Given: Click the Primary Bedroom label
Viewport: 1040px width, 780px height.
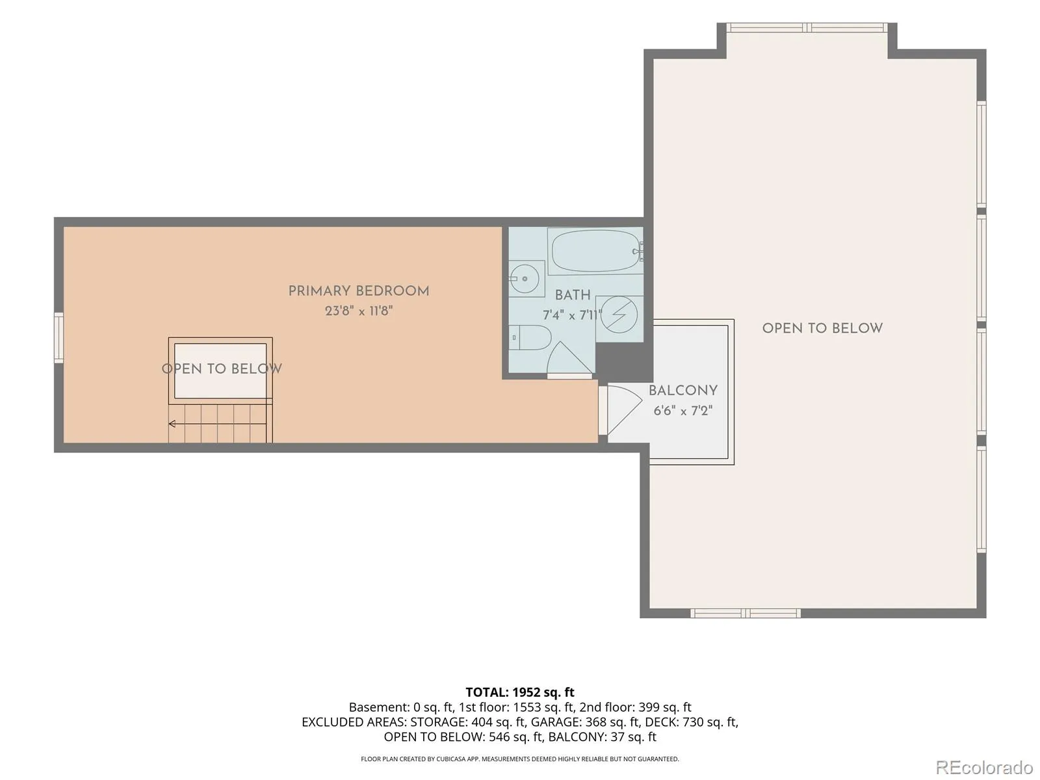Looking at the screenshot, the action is tap(359, 291).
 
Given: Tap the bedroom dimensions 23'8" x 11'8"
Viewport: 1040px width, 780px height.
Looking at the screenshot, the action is tap(359, 311).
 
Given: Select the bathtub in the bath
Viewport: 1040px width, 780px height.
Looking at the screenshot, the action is tap(595, 250).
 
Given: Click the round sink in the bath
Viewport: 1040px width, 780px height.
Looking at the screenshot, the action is tap(525, 278).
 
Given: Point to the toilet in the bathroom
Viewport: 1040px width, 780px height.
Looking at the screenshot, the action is tap(530, 337).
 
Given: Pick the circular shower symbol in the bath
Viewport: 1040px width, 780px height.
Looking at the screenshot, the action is tap(619, 315).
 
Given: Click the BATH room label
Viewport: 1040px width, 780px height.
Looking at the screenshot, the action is tap(573, 295).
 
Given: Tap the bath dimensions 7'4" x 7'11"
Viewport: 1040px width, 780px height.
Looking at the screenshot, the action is tap(572, 315).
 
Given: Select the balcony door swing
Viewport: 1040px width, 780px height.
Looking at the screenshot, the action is tap(625, 409).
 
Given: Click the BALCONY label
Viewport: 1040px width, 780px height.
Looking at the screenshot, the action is tap(682, 390).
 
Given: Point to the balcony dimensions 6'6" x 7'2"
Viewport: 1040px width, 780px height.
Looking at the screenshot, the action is tap(682, 410).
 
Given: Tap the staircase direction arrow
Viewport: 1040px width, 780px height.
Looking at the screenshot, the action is tap(218, 423).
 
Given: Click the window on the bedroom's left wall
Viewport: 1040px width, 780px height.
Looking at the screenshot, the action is tap(58, 337).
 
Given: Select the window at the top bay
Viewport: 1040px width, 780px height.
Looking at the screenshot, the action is tap(807, 27).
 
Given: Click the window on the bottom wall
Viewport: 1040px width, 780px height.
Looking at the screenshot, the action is tap(746, 614).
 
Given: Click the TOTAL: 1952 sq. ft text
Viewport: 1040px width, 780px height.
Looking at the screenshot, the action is tap(520, 692).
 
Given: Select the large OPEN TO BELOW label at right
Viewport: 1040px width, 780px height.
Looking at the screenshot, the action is tap(822, 328).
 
